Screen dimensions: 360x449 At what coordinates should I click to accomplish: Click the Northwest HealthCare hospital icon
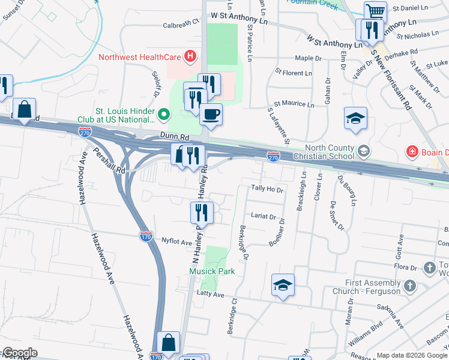[x=190, y=57]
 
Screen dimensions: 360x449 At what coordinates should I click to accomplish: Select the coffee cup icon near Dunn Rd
[x=211, y=113]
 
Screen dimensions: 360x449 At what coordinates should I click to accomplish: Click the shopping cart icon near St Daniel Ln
[x=375, y=11]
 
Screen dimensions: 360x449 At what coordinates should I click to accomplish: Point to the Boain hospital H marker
[x=412, y=151]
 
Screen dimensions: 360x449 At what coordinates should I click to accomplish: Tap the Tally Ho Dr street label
[x=267, y=189]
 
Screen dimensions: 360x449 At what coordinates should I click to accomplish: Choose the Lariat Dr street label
[x=264, y=216]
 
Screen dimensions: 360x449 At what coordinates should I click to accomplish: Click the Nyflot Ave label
[x=176, y=242]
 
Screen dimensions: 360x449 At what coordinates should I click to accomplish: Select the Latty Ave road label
[x=210, y=294]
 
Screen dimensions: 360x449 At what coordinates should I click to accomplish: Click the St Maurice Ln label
[x=294, y=104]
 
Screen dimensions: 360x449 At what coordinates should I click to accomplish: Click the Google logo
[x=20, y=353]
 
